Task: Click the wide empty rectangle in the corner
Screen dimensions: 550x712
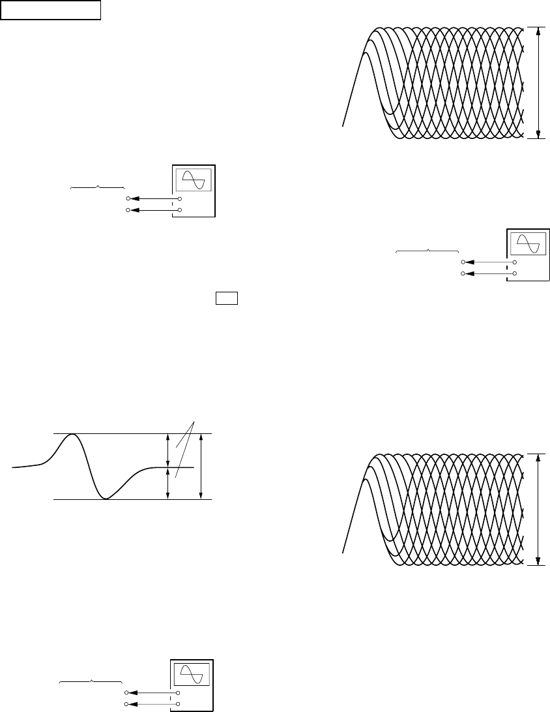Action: [x=51, y=10]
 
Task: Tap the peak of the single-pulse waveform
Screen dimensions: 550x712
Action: [x=73, y=435]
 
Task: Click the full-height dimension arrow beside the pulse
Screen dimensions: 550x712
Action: [x=201, y=466]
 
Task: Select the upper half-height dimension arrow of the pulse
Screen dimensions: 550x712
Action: [x=169, y=450]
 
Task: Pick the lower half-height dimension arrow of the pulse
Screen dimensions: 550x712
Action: [x=169, y=484]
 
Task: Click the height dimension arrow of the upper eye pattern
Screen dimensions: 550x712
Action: [x=539, y=83]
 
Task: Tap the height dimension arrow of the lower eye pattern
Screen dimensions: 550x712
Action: [x=539, y=509]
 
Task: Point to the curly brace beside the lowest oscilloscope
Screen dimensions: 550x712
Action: [x=91, y=681]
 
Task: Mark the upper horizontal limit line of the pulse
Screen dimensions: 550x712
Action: [x=130, y=433]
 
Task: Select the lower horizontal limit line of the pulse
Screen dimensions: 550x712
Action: [x=130, y=500]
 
